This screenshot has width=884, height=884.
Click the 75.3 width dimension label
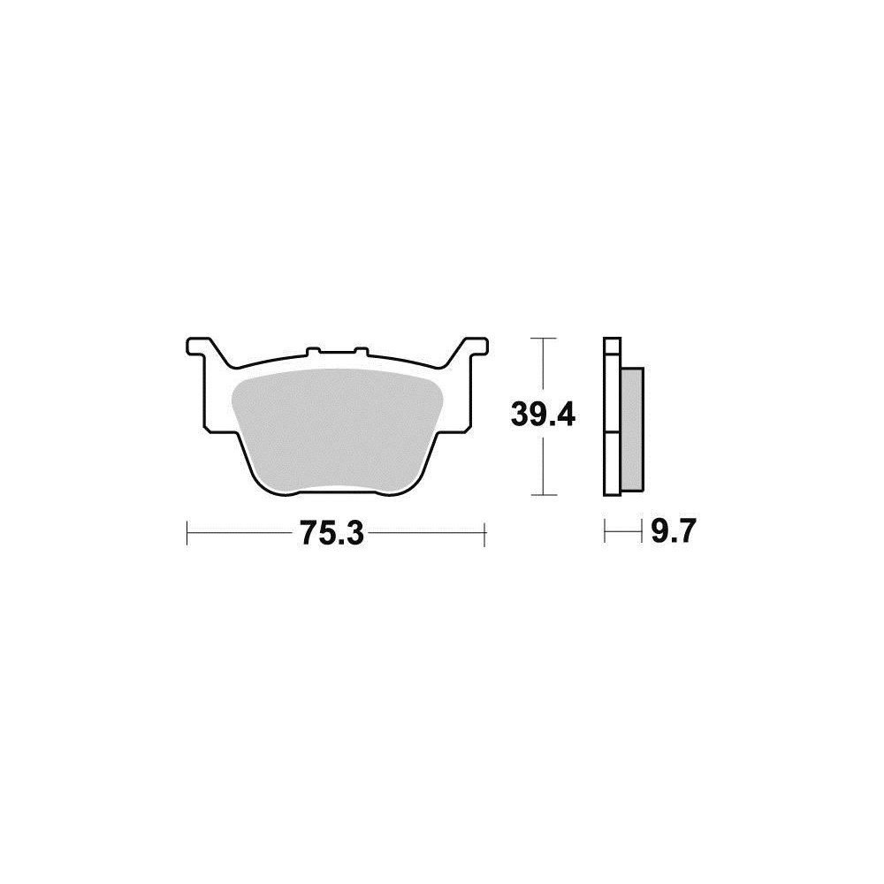click(x=332, y=532)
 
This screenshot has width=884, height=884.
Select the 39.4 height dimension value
click(x=543, y=415)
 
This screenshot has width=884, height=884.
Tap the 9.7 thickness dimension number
click(x=674, y=531)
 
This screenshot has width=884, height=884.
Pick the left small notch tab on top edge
click(x=312, y=351)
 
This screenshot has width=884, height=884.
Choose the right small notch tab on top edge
click(x=361, y=351)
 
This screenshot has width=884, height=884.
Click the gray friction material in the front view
click(x=337, y=429)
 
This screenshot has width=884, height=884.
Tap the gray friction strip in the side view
click(x=631, y=429)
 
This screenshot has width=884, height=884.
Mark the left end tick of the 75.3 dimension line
click(x=187, y=533)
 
